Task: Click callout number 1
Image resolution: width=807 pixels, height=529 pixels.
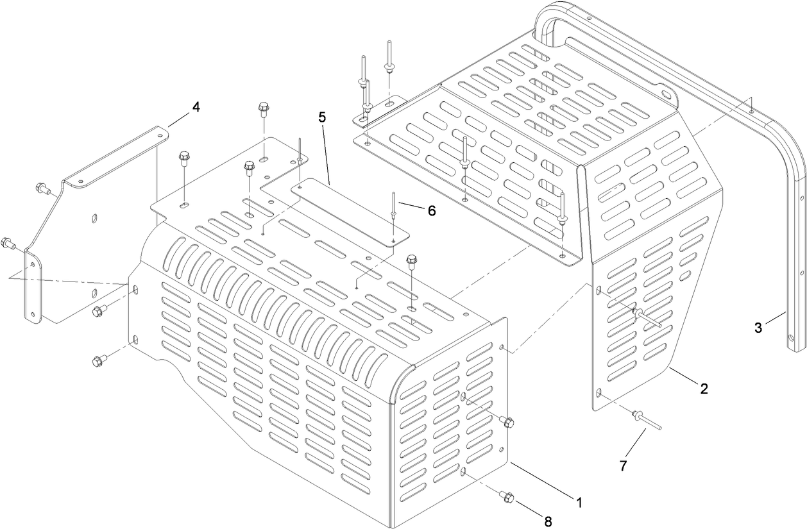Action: (x=579, y=502)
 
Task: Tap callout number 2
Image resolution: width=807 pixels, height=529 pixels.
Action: (x=704, y=388)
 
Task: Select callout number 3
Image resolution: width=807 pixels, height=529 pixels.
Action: (x=758, y=328)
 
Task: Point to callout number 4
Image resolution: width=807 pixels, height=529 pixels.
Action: (x=196, y=107)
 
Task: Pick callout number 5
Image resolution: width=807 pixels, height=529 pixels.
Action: (x=322, y=117)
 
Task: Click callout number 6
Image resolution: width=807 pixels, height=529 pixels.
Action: (x=431, y=211)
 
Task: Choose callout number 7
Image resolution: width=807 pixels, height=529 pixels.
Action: (x=623, y=466)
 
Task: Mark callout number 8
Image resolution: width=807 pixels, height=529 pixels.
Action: (x=548, y=521)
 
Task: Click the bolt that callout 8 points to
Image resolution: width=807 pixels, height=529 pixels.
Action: (x=507, y=496)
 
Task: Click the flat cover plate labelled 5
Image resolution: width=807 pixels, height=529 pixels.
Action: (x=350, y=212)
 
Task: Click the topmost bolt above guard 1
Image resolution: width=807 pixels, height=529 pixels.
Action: (x=264, y=109)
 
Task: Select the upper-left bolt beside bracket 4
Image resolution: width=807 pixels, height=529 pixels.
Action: (x=42, y=188)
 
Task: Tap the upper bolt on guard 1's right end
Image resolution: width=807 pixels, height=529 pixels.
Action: (x=507, y=423)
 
